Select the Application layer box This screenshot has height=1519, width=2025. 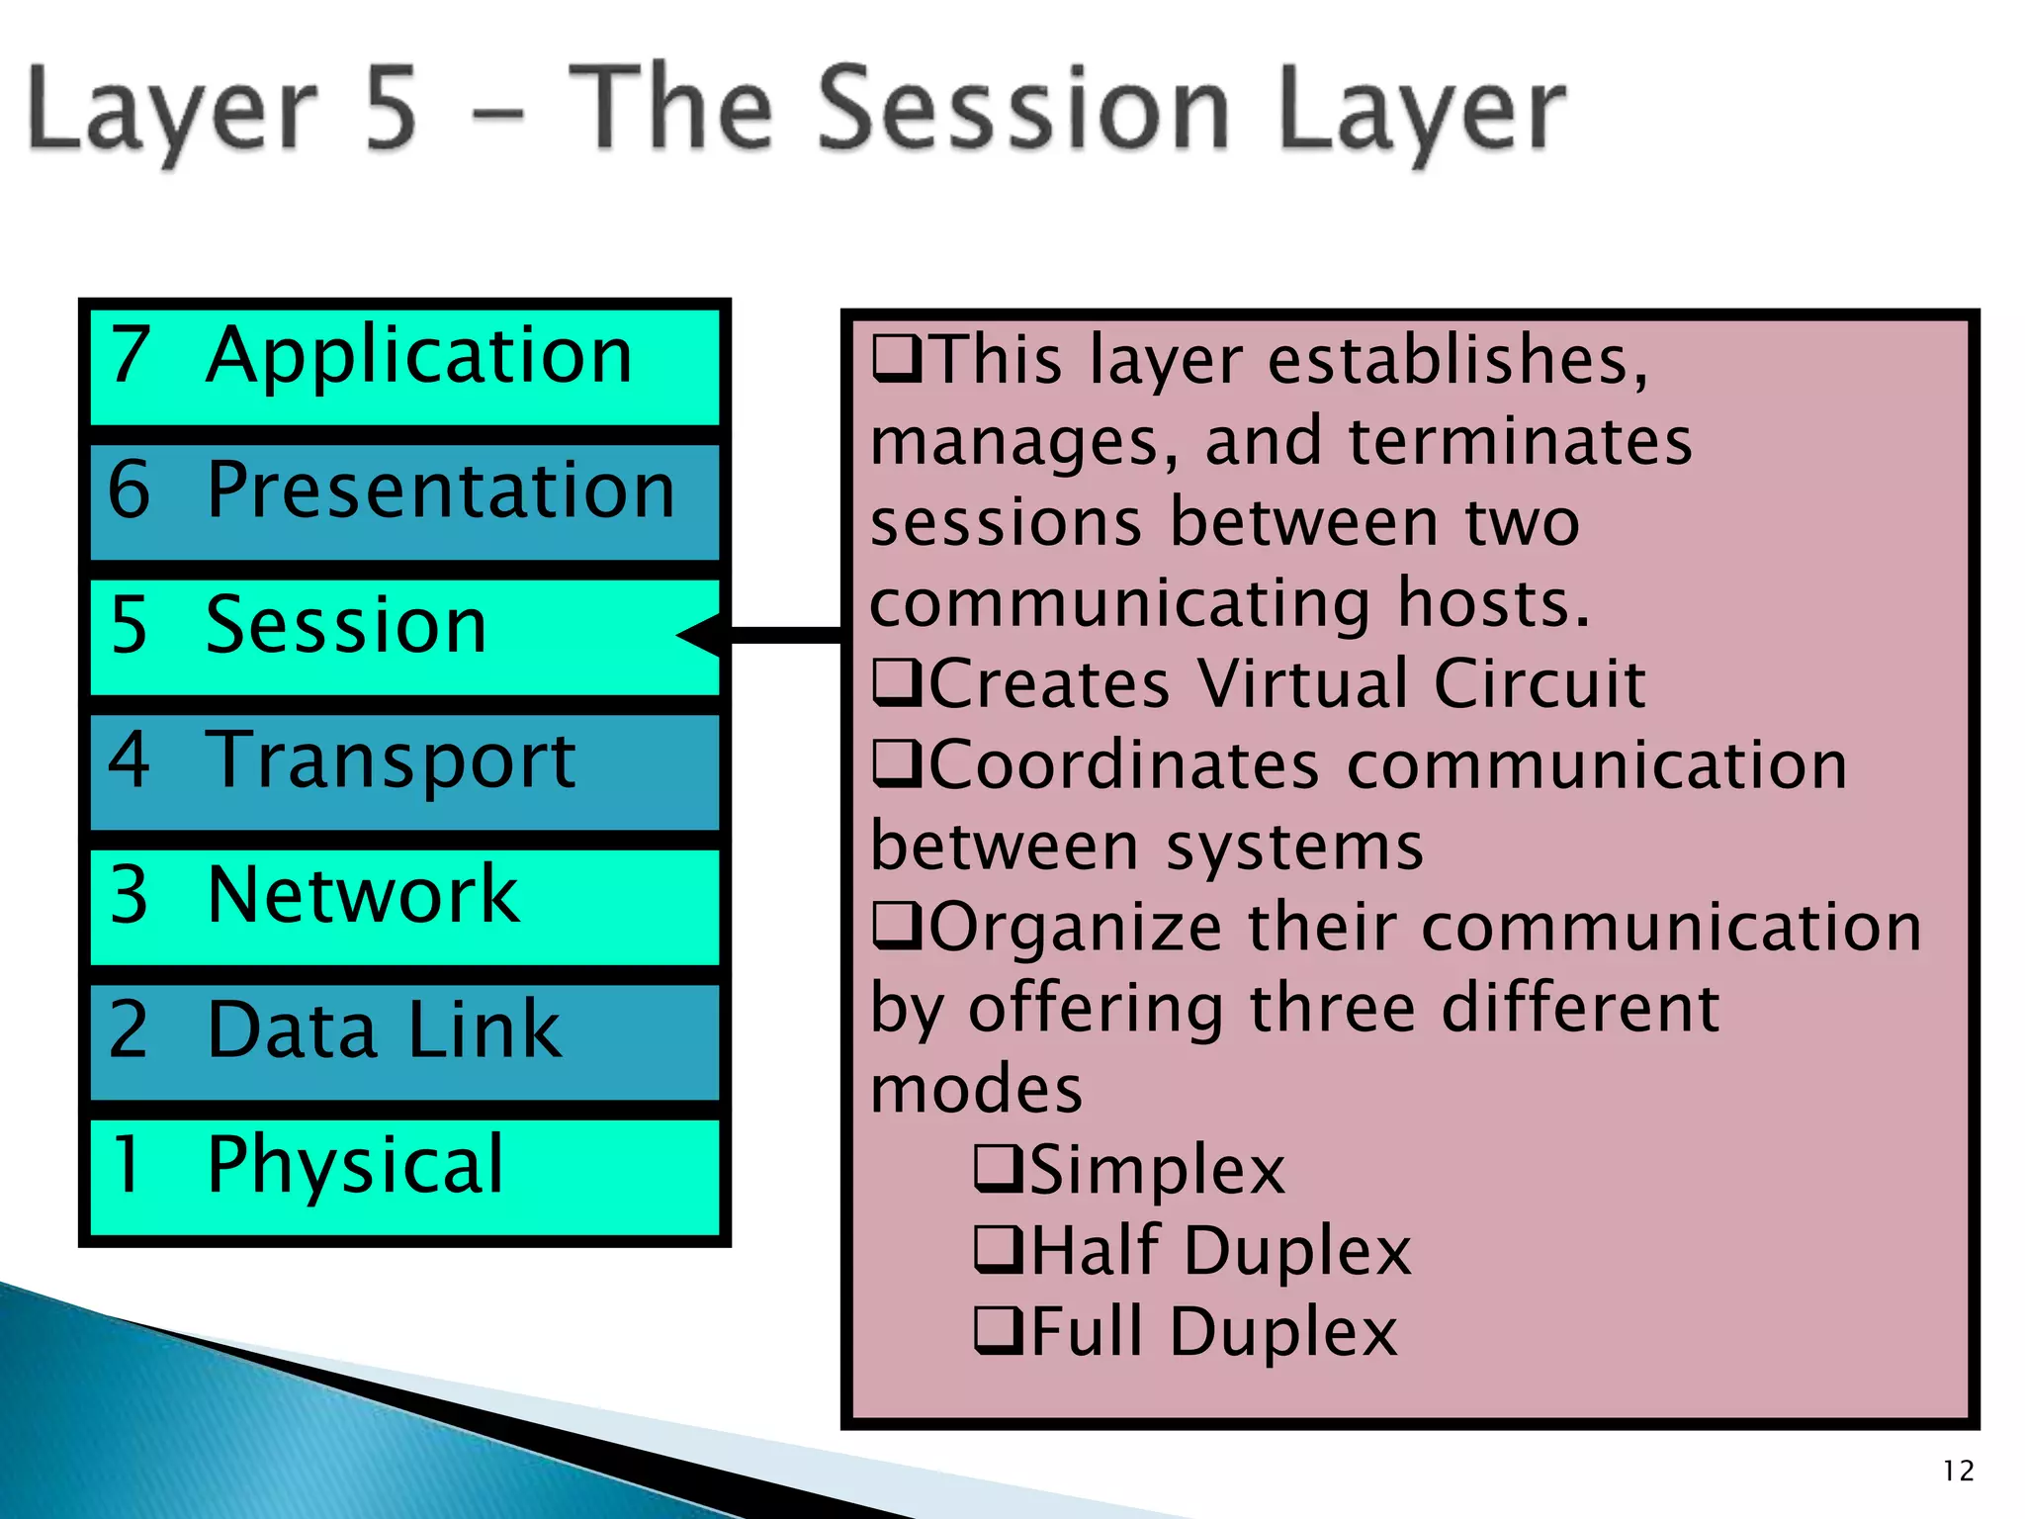(403, 366)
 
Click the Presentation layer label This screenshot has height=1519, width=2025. (440, 491)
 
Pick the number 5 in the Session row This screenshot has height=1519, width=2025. (130, 626)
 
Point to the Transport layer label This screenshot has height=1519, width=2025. (391, 761)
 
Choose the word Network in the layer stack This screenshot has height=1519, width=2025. (363, 895)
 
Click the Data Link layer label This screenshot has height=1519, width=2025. (384, 1030)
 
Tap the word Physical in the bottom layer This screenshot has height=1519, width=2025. (355, 1165)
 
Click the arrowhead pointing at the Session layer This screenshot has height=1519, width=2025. (702, 634)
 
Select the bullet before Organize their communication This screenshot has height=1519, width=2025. (896, 927)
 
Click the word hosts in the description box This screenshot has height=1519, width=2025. (1493, 603)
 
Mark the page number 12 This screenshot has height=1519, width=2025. (1958, 1471)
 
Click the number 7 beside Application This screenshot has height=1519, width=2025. (130, 356)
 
